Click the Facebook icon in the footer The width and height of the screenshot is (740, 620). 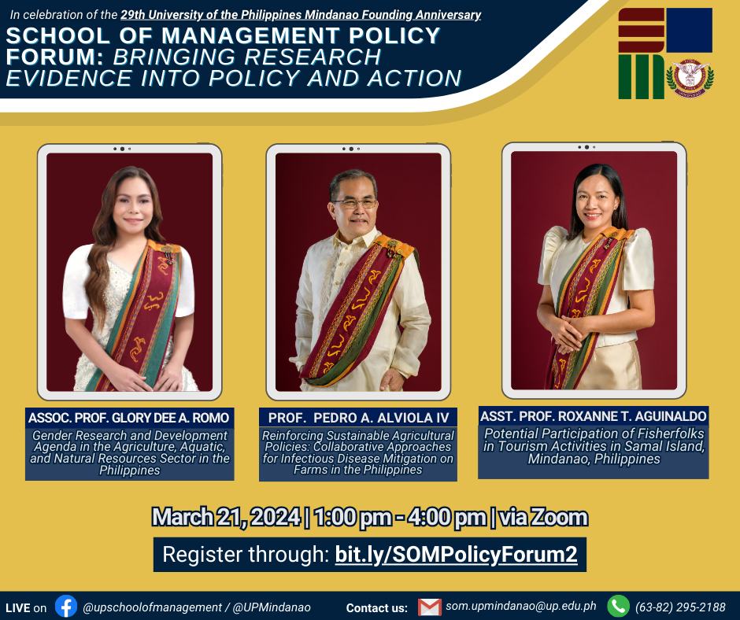pyautogui.click(x=66, y=607)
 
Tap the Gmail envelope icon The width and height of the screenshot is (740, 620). pyautogui.click(x=430, y=607)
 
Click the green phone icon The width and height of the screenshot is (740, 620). pyautogui.click(x=618, y=607)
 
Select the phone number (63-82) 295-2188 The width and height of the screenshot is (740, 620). pyautogui.click(x=680, y=607)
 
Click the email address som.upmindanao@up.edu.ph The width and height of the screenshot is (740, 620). pyautogui.click(x=521, y=607)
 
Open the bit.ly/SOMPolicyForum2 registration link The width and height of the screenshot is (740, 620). pyautogui.click(x=456, y=555)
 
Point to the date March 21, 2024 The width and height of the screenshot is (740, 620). pyautogui.click(x=226, y=517)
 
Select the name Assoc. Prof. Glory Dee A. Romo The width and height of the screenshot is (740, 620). pyautogui.click(x=129, y=418)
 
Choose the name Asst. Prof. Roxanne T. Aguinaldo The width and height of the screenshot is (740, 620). pyautogui.click(x=594, y=416)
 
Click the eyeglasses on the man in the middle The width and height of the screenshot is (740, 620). pyautogui.click(x=355, y=203)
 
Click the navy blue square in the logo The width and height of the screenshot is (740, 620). pyautogui.click(x=689, y=30)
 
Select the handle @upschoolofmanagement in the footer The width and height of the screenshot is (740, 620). pyautogui.click(x=152, y=607)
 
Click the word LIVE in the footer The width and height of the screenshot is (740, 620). pyautogui.click(x=18, y=607)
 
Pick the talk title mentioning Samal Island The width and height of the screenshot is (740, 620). pyautogui.click(x=594, y=446)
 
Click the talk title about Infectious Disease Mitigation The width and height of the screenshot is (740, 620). pyautogui.click(x=358, y=452)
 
